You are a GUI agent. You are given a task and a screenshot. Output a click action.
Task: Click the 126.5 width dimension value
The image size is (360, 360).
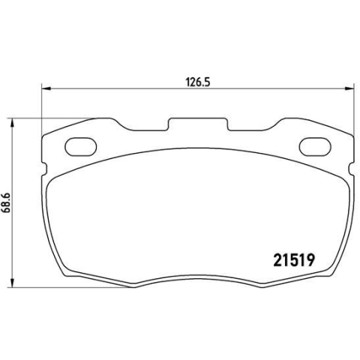(197, 82)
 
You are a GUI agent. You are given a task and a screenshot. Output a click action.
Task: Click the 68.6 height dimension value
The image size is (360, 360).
(6, 202)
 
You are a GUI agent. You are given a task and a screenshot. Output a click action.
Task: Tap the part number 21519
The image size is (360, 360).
(294, 260)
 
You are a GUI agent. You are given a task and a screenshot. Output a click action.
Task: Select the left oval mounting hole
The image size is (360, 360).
(81, 147)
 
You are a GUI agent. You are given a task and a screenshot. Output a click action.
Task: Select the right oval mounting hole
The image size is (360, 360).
(315, 147)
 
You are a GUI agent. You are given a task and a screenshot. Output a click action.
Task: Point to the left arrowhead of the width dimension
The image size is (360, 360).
(46, 88)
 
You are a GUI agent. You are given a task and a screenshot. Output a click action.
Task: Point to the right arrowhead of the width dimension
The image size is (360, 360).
(349, 88)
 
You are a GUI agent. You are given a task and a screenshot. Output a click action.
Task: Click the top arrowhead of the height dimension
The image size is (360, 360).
(11, 124)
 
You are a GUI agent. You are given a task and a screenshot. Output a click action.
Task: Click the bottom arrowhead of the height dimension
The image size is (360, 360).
(11, 282)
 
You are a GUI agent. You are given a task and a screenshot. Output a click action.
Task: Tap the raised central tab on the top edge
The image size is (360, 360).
(198, 122)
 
